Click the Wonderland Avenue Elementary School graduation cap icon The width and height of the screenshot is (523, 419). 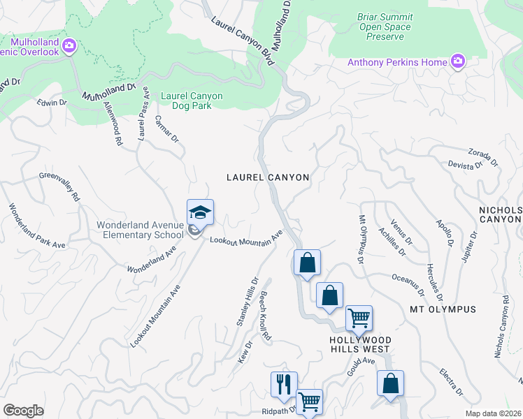pyautogui.click(x=200, y=212)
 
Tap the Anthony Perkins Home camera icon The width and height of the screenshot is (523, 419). pyautogui.click(x=458, y=62)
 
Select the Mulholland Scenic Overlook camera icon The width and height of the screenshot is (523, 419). pyautogui.click(x=69, y=46)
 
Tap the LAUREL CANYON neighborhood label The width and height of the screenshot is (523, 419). pyautogui.click(x=268, y=177)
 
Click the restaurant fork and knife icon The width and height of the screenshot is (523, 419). pyautogui.click(x=284, y=384)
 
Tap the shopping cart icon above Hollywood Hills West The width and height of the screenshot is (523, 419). pyautogui.click(x=359, y=318)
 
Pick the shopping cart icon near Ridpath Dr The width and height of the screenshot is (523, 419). pyautogui.click(x=310, y=401)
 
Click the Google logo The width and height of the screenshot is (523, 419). pyautogui.click(x=23, y=410)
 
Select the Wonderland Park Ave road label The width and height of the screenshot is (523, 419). pyautogui.click(x=36, y=226)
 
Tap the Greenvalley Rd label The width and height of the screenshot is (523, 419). pyautogui.click(x=59, y=186)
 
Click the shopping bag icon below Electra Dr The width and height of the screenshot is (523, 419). pyautogui.click(x=390, y=383)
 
